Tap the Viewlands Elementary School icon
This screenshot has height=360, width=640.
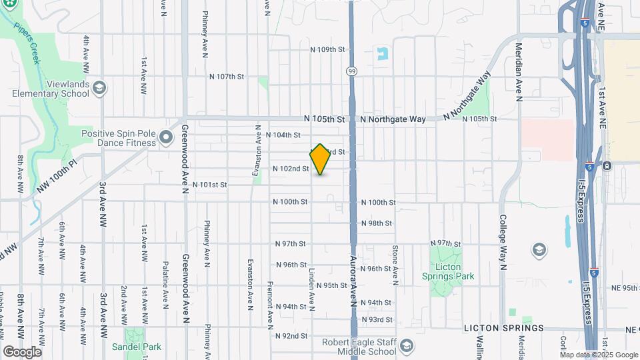(99, 88)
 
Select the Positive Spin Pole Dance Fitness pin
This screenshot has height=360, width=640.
(165, 138)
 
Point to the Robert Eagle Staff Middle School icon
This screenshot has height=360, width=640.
(406, 345)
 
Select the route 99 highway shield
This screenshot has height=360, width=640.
(351, 71)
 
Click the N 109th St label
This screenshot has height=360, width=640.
(328, 49)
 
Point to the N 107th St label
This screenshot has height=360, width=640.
(226, 77)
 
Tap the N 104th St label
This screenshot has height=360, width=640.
(283, 135)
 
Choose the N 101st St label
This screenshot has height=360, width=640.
(210, 185)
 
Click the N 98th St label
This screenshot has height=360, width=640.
(376, 223)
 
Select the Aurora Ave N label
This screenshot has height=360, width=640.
(353, 279)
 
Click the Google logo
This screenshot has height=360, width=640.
(22, 351)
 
